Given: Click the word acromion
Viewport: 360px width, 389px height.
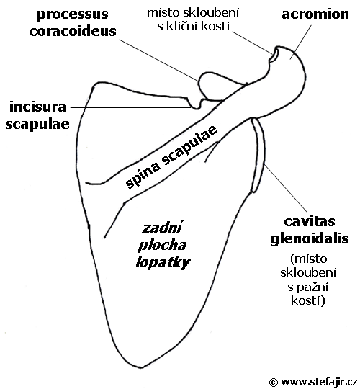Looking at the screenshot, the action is tap(315, 14).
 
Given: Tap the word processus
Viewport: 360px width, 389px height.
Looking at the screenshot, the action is tap(73, 15).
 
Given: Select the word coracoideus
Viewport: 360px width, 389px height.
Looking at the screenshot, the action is tap(73, 31).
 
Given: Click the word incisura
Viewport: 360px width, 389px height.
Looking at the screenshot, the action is tap(37, 107).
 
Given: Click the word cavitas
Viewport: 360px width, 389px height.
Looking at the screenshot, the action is tap(310, 222).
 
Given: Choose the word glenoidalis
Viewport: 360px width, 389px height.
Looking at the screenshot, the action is tap(310, 239).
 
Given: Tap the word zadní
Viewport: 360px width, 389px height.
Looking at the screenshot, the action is tap(162, 228).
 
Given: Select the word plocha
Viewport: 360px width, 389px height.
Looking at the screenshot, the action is tap(162, 246).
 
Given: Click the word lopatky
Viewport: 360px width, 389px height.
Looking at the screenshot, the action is tap(163, 263).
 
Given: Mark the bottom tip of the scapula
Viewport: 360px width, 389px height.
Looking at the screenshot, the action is tap(142, 367).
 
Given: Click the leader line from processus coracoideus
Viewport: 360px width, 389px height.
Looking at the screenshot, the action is tap(159, 60).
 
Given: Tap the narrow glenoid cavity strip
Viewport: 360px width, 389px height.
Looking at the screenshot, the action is tap(258, 156).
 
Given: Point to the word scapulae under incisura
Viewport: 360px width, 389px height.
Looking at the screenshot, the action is tap(37, 125).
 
